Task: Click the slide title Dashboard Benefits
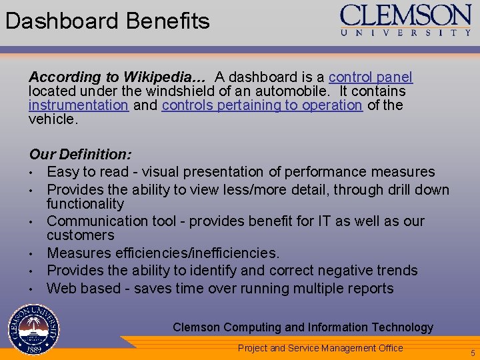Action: pos(107,21)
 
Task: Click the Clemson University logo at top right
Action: pos(406,19)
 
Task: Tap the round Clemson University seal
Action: pos(33,329)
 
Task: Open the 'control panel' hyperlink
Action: pos(371,77)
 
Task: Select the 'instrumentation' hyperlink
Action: pos(78,105)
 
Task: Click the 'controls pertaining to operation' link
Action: pos(261,105)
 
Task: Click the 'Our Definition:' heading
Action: pos(80,155)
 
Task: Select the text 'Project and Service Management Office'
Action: pos(321,347)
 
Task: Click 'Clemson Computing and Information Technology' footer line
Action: pos(303,327)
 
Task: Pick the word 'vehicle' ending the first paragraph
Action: pos(52,119)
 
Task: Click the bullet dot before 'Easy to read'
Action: pos(32,173)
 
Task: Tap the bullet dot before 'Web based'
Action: pos(32,289)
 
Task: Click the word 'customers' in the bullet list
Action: pos(80,235)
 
